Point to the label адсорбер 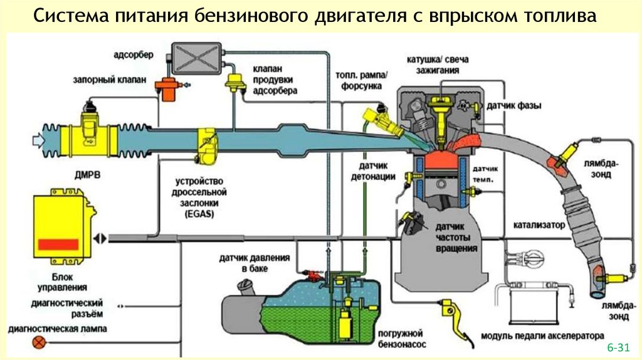click(x=132, y=55)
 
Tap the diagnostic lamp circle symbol click(x=41, y=342)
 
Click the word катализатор click(x=539, y=224)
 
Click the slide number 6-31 click(x=617, y=347)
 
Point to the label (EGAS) click(x=200, y=214)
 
